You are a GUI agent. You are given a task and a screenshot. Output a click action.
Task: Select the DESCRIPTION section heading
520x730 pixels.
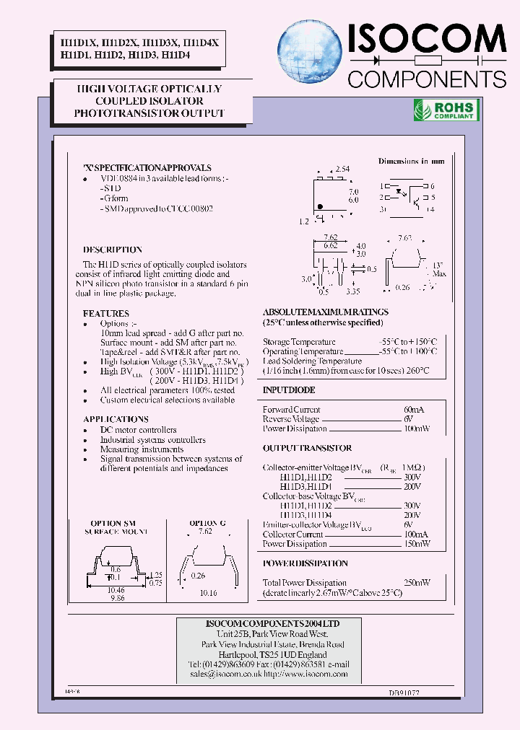tap(113, 250)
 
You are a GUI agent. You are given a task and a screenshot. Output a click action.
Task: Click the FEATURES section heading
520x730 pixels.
tap(105, 314)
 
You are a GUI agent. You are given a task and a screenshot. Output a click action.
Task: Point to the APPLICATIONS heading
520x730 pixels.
tap(116, 419)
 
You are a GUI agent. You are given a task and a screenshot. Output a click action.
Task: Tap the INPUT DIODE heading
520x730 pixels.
tap(289, 390)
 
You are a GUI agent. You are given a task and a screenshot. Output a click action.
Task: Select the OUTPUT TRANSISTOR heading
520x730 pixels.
tap(307, 448)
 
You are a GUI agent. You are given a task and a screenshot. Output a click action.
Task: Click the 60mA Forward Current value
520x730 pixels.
tap(414, 410)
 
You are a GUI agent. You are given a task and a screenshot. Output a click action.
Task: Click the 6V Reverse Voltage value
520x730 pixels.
tap(409, 419)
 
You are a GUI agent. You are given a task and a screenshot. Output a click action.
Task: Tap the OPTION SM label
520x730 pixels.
tap(112, 523)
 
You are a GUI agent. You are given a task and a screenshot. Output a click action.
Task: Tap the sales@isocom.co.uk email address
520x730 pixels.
tap(223, 674)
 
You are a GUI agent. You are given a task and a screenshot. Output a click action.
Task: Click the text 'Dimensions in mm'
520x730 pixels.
tap(411, 161)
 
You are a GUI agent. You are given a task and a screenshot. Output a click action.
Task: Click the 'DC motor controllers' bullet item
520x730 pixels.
tap(138, 430)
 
